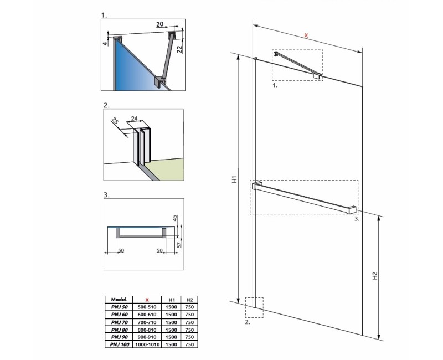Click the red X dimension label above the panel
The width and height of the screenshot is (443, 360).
coord(307,36)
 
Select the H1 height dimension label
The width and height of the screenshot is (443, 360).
coord(234,180)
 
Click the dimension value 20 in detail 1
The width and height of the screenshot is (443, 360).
coord(160,25)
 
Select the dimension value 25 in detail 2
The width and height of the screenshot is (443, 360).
coord(115,121)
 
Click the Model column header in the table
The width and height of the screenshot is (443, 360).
coord(119,299)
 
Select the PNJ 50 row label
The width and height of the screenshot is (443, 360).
coord(119,306)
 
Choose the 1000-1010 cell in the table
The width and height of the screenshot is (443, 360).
coord(147,344)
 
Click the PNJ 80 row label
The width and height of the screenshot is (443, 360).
coord(119,329)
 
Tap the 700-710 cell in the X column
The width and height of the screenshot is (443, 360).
coord(147,321)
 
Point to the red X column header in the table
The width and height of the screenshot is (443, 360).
coord(147,299)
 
